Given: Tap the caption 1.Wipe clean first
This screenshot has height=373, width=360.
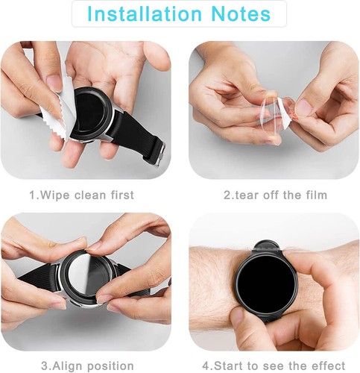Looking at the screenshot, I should (81, 195).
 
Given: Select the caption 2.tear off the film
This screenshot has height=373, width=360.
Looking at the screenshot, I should (275, 195).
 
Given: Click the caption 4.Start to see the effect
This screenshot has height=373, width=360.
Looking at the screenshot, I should (275, 366).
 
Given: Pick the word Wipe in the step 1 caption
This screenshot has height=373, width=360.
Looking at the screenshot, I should (53, 195).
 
